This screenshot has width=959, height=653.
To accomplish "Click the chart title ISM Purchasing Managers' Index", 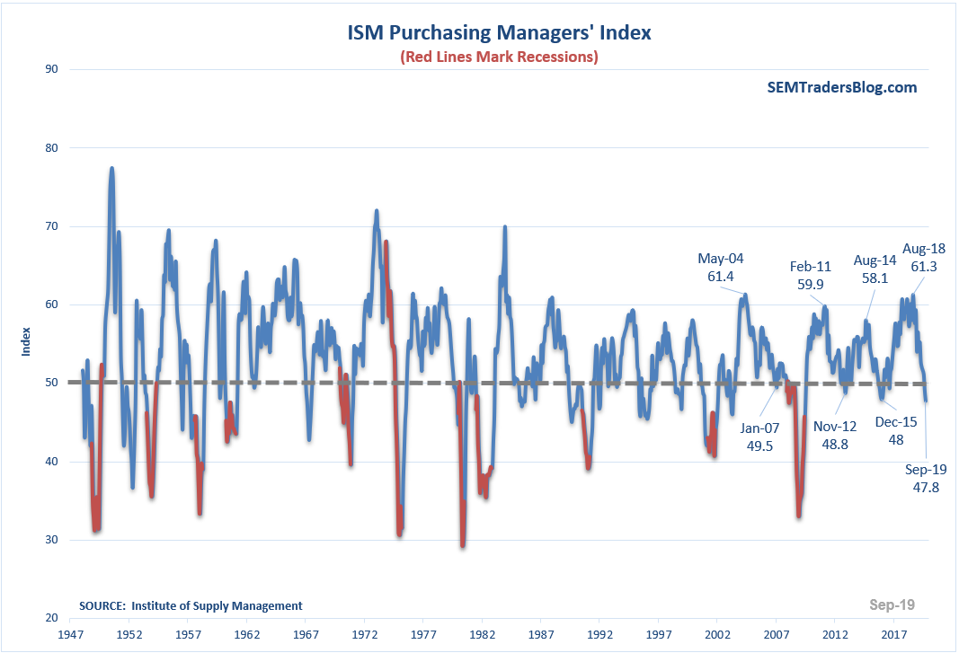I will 500,33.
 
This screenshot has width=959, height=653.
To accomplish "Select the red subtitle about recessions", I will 500,57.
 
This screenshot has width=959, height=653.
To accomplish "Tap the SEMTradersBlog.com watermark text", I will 842,87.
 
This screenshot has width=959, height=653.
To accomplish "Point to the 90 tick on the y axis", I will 52,69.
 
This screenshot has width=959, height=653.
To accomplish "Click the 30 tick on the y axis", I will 52,540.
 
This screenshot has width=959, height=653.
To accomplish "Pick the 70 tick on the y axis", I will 52,226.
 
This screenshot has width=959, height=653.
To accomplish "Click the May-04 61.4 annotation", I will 721,268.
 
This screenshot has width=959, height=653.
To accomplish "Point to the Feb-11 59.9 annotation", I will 807,275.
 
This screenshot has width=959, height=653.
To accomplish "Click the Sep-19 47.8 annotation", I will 926,478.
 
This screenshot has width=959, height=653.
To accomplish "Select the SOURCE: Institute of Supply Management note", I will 191,605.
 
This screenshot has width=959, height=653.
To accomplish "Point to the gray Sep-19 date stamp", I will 892,604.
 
